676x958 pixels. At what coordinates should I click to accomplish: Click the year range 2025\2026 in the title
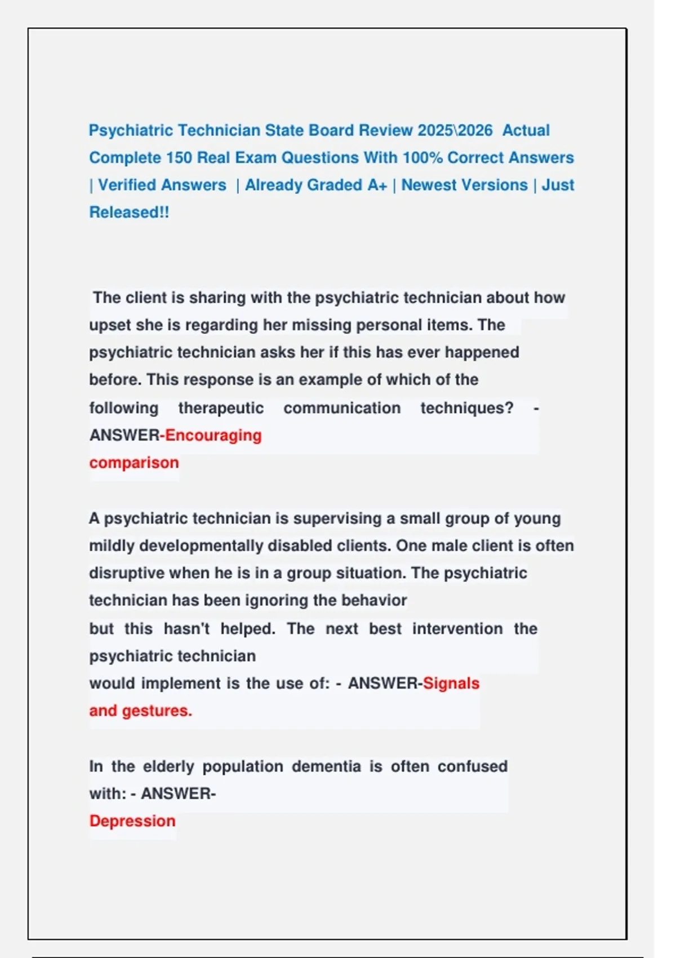coord(455,130)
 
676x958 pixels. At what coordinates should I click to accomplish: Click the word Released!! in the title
coord(129,212)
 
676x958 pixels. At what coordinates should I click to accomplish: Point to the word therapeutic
coord(221,408)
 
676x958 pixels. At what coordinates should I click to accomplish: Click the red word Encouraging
coord(214,436)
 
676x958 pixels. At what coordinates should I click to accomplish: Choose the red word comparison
coord(134,463)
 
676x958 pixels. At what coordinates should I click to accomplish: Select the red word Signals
coord(451,684)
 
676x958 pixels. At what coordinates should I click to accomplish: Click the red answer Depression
coord(132,821)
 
